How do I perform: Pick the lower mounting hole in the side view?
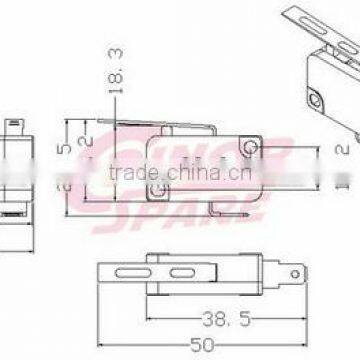coord(156,187)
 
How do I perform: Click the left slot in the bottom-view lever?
coord(127,272)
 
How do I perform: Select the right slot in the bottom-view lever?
coord(180,272)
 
